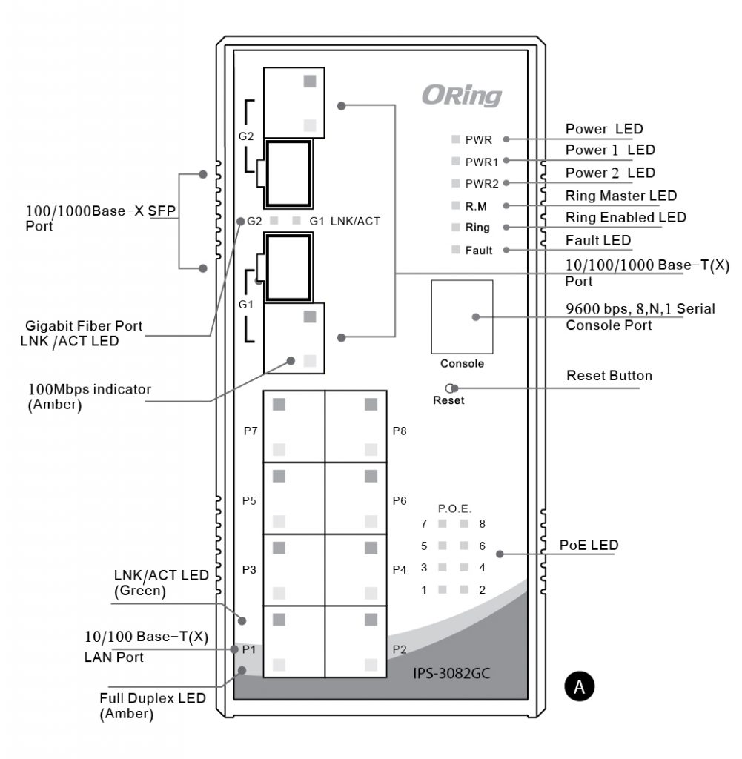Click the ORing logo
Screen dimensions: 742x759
(x=462, y=96)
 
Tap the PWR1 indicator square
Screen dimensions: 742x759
(x=455, y=161)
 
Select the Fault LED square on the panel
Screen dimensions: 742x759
(x=455, y=249)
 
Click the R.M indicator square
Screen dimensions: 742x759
(x=455, y=205)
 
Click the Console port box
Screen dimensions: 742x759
(x=463, y=316)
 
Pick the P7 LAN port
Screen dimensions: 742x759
(x=294, y=426)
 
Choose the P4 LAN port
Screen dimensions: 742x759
(x=356, y=570)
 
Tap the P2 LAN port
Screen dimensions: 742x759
(x=356, y=641)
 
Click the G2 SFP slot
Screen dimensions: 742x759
(x=288, y=173)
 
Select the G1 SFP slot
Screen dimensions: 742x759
(x=288, y=267)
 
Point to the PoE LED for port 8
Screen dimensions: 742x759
(x=464, y=523)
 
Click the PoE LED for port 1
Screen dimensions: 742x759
(x=443, y=589)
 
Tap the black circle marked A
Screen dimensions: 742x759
(x=580, y=686)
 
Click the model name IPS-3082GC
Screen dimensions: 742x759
(x=451, y=673)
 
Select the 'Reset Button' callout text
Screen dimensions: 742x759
(x=609, y=376)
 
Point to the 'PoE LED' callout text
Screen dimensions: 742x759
(x=589, y=545)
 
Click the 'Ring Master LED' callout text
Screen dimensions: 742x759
(x=621, y=196)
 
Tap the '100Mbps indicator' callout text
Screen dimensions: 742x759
(x=90, y=389)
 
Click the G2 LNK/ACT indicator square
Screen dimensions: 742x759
(x=274, y=221)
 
